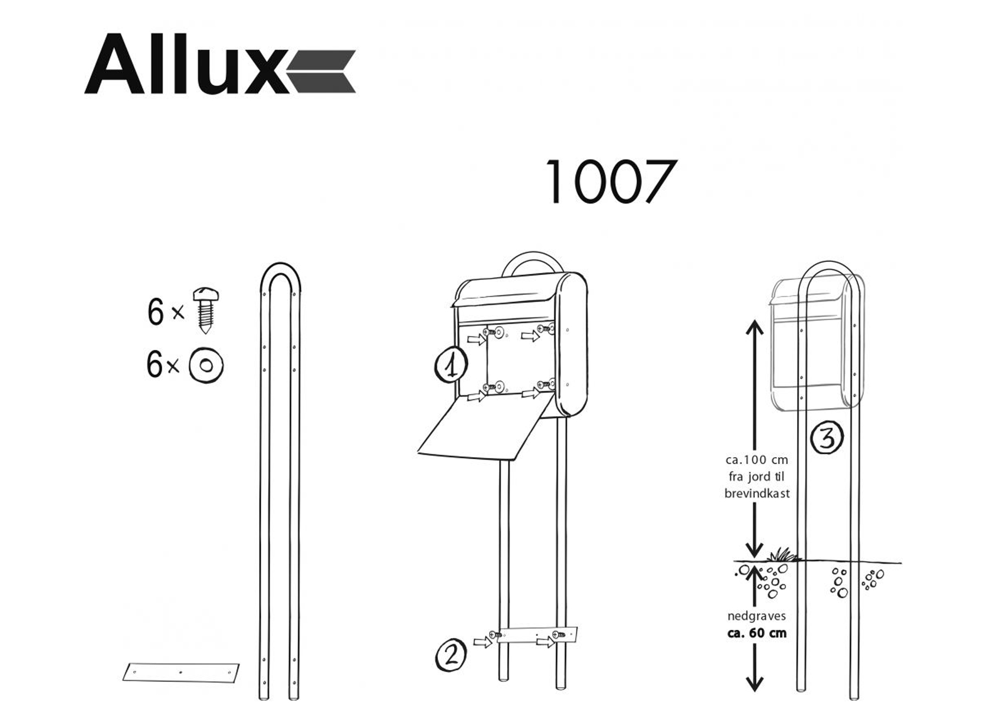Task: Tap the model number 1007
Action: (x=610, y=182)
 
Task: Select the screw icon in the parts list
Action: (x=206, y=310)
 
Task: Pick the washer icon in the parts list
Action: (x=206, y=365)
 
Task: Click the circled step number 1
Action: (x=451, y=365)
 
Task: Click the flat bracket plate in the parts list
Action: (x=181, y=673)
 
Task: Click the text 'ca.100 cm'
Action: (x=756, y=460)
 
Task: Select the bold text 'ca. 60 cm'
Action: (x=756, y=633)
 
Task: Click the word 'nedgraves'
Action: (x=756, y=616)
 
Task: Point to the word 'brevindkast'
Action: (x=756, y=493)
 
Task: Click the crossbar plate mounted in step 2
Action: (x=536, y=635)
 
